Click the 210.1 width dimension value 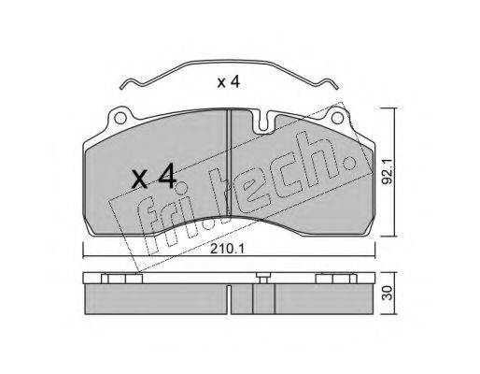228,249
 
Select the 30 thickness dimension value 388,294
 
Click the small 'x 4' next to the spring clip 229,81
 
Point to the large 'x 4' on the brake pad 153,177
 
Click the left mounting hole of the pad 120,118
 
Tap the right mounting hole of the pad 337,118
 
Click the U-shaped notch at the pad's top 263,122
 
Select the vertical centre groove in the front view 229,163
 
